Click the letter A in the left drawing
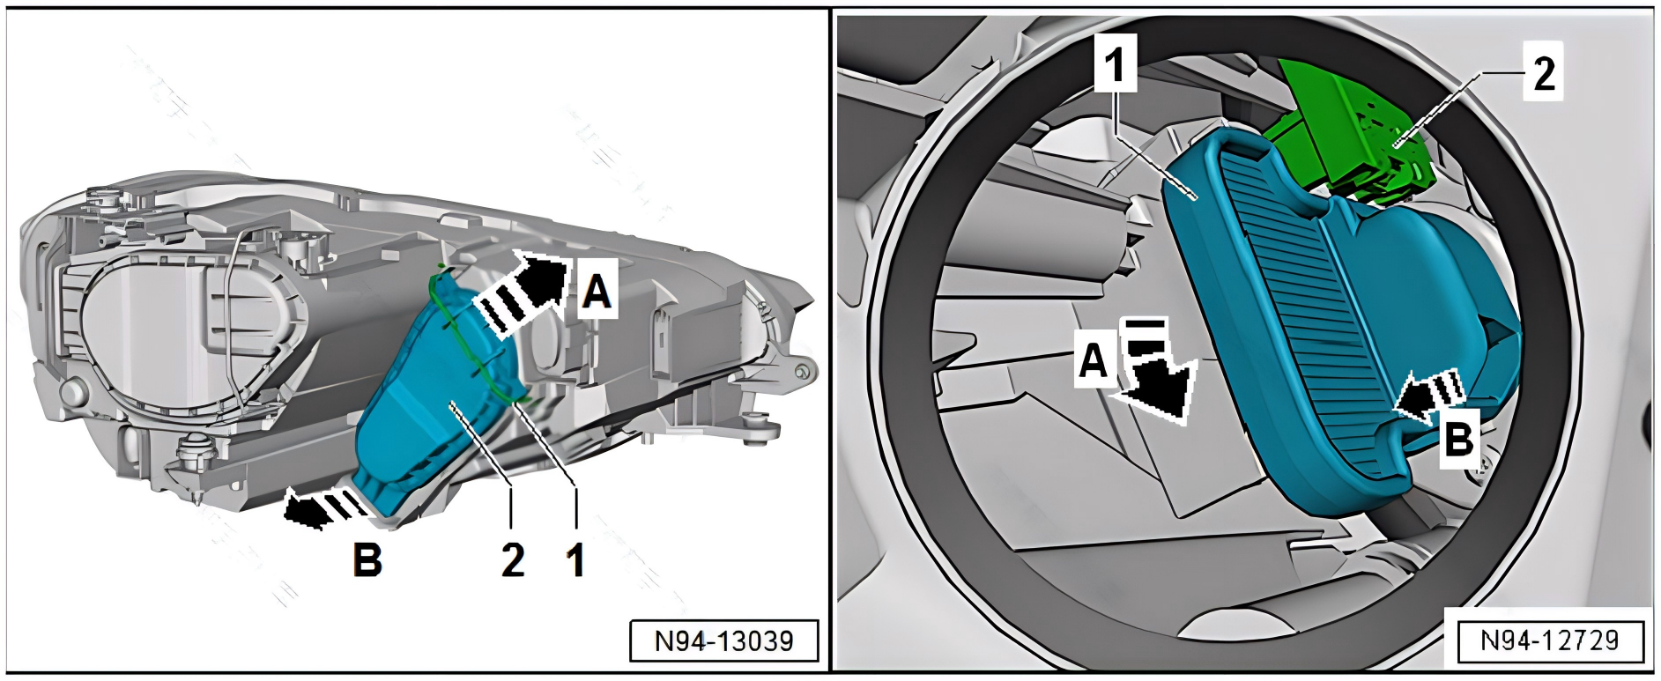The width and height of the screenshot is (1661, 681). click(x=597, y=291)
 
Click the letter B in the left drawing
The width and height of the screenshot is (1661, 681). click(x=367, y=559)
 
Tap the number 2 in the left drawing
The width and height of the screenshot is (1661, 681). click(x=513, y=559)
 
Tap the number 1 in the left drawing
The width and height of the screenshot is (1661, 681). click(x=576, y=559)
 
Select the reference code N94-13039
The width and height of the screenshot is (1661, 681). click(x=723, y=640)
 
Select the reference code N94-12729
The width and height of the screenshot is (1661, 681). click(x=1550, y=640)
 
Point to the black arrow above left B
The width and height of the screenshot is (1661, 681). click(x=323, y=506)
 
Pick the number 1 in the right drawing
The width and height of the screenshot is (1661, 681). click(x=1116, y=64)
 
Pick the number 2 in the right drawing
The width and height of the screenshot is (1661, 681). click(x=1544, y=72)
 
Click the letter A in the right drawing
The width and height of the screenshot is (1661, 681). click(x=1094, y=361)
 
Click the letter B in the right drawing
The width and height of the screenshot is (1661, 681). click(x=1458, y=437)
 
